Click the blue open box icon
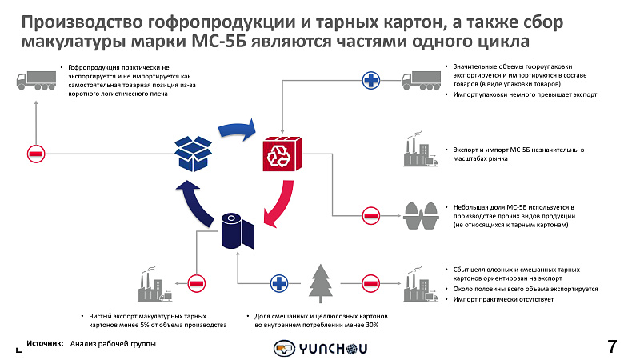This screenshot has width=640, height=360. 193,154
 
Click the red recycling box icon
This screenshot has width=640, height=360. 282,154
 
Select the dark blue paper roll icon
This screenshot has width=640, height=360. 238,230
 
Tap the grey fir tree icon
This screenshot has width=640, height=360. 321,283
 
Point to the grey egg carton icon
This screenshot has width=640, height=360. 421,216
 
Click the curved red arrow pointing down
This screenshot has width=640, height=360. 279,203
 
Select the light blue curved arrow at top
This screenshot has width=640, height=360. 237,130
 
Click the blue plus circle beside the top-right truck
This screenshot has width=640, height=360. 371,81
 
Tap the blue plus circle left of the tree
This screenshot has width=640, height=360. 279,283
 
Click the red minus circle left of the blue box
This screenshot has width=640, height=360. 36,154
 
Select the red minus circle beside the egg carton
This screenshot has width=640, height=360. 371,215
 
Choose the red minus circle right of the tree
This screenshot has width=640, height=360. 371,283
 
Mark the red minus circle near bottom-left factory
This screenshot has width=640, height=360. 196,283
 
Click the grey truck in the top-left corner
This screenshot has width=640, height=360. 36,81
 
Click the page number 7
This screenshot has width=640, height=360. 612,346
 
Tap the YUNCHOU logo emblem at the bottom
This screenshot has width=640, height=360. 285,349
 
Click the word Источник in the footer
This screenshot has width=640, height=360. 45,344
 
